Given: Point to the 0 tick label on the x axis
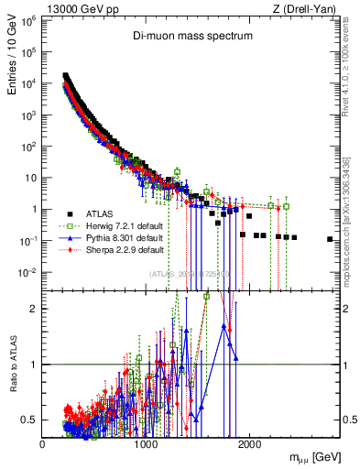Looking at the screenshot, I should click(x=43, y=443).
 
